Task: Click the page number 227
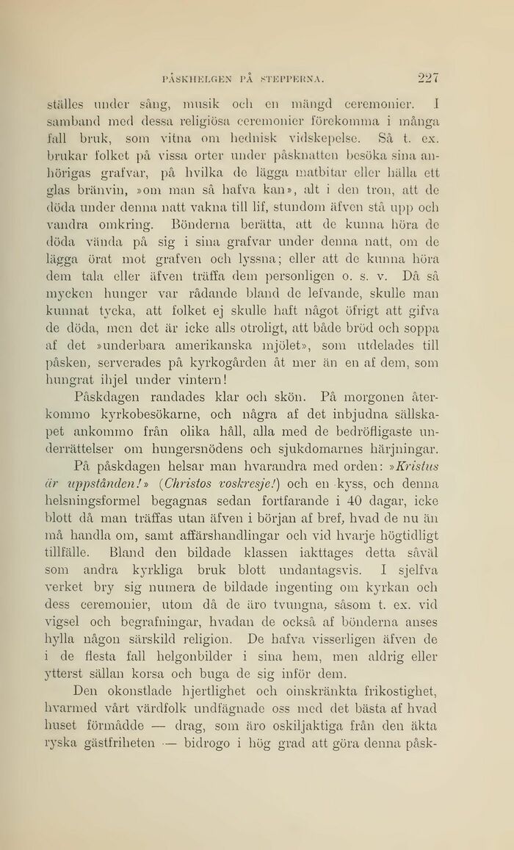click(x=427, y=76)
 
